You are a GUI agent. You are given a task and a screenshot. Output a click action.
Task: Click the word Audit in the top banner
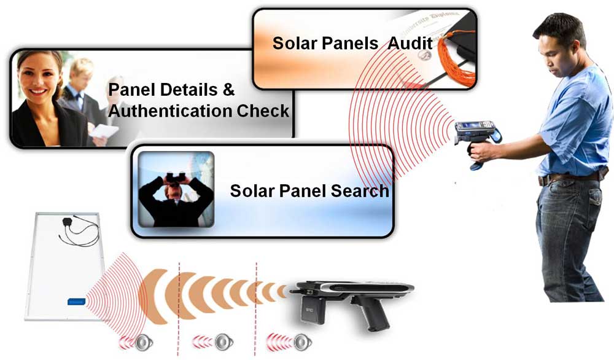pos(411,44)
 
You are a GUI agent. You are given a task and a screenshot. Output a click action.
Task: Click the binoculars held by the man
pos(175,178)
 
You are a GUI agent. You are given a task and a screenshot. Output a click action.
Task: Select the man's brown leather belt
pos(568,178)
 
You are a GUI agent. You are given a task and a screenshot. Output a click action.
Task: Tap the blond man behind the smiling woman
pos(80,86)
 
